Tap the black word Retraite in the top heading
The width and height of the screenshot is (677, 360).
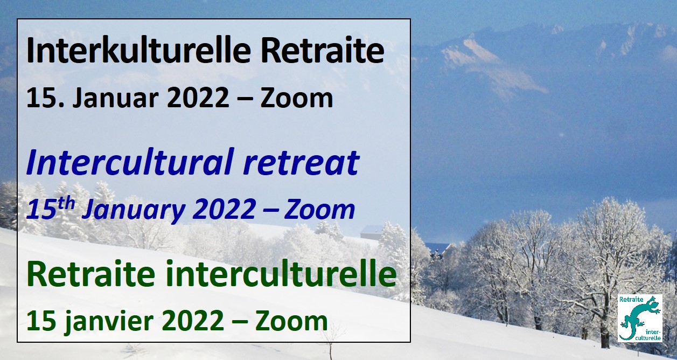coord(323,50)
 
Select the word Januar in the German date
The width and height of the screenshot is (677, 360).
coord(116,98)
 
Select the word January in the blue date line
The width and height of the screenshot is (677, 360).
coord(133,210)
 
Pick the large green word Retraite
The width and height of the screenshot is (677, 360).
coord(90,273)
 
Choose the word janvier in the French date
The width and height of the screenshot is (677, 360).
coord(108,322)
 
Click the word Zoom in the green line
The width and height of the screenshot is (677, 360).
coord(292,321)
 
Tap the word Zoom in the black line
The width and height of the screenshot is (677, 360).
coord(296,98)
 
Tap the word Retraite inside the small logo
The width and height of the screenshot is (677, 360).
coord(631,300)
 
